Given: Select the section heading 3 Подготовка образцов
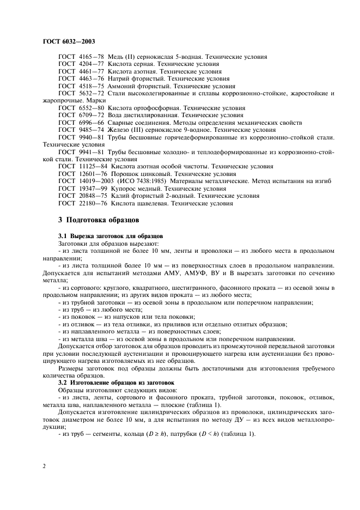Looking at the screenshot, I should (99, 220).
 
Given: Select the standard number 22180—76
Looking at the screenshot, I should (91, 203).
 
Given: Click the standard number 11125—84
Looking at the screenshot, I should (91, 166).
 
